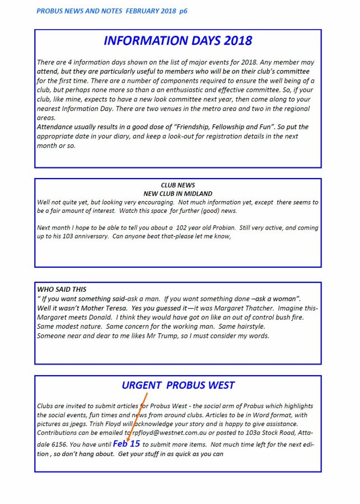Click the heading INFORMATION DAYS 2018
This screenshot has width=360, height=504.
pyautogui.click(x=178, y=41)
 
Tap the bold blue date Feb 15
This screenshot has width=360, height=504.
pyautogui.click(x=127, y=444)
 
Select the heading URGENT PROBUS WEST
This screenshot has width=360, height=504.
pyautogui.click(x=178, y=385)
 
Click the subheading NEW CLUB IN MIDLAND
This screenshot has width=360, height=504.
pyautogui.click(x=177, y=194)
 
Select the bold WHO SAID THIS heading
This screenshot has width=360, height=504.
pyautogui.click(x=62, y=290)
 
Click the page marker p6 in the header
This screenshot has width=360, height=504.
pyautogui.click(x=184, y=11)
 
